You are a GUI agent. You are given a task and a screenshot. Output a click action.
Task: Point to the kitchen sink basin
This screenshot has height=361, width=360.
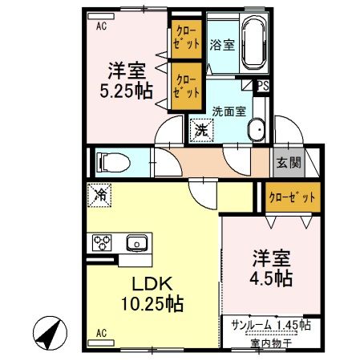click(136, 241)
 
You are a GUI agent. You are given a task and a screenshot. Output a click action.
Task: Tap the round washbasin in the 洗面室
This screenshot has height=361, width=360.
click(258, 131)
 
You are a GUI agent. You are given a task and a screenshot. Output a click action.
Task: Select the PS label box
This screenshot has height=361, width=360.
click(264, 83)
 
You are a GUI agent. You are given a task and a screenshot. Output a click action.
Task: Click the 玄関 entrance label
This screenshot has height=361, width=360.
click(289, 162)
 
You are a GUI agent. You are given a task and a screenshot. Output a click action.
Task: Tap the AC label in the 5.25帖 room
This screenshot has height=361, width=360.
click(102, 26)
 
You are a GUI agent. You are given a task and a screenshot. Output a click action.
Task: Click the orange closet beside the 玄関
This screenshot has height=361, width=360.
click(291, 197)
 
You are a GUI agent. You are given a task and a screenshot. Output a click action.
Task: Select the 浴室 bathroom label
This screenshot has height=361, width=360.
click(222, 46)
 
